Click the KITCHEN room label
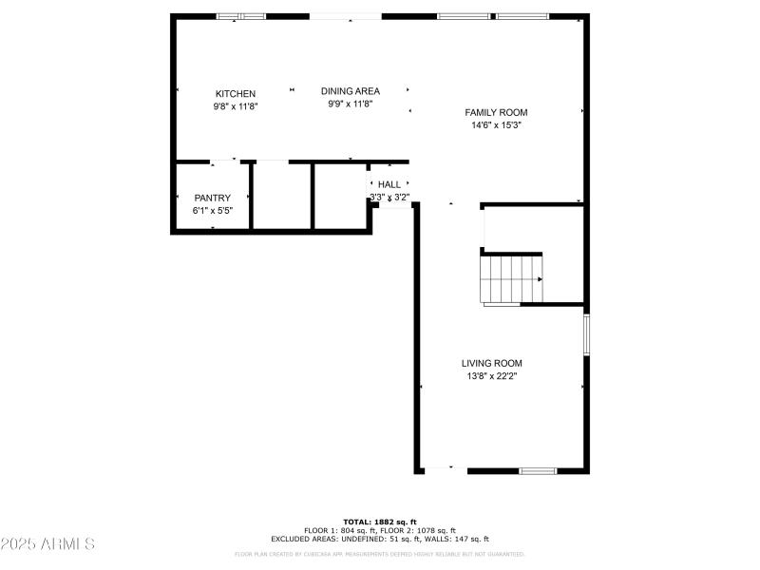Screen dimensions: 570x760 tap(236, 94)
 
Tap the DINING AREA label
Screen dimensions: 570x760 tap(350, 91)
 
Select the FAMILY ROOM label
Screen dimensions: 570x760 tap(496, 112)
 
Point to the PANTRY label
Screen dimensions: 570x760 tap(213, 198)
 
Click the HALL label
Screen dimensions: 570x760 tap(389, 184)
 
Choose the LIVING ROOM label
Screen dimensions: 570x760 tap(491, 363)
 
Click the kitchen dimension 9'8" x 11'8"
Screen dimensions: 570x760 tap(236, 107)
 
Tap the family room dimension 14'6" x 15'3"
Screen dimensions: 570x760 tap(496, 125)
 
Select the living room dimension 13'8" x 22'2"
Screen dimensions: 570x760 tap(491, 376)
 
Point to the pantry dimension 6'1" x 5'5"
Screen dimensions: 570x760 tap(213, 211)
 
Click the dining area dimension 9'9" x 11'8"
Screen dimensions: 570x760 tap(350, 104)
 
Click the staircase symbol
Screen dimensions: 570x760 tap(512, 279)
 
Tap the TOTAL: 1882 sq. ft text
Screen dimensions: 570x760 tap(380, 522)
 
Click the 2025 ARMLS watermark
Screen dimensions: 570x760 tap(47, 544)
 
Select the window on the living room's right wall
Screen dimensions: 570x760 tap(586, 333)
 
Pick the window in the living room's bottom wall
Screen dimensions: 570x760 tap(537, 470)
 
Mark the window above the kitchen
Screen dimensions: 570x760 tap(240, 16)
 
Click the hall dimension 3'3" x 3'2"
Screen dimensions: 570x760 tap(389, 198)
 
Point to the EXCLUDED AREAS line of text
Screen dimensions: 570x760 tap(380, 539)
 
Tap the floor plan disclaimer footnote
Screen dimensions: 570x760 tap(380, 554)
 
